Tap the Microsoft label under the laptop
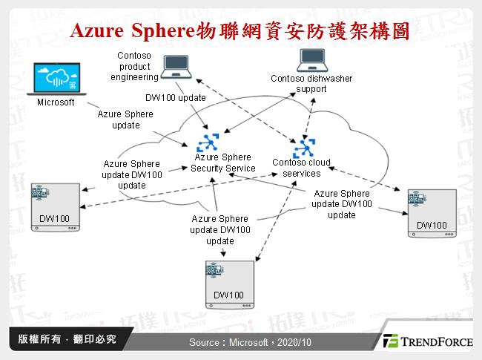[56, 103]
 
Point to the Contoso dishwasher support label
[311, 84]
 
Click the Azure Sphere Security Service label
[222, 163]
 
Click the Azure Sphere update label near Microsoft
[125, 120]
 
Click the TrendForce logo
[426, 341]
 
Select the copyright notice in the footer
[67, 339]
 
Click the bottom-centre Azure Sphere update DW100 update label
[221, 230]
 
